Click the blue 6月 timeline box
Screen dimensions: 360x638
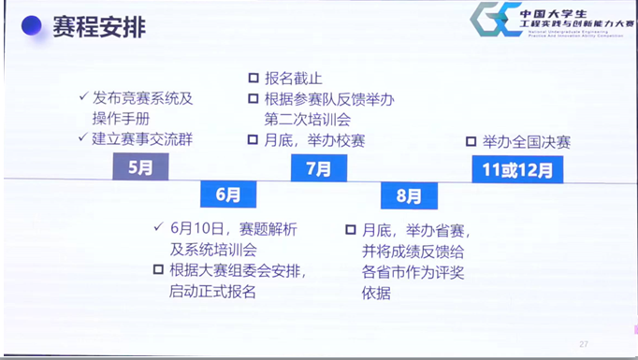(227, 194)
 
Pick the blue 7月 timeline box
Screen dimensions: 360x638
(318, 169)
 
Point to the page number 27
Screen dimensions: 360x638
(584, 343)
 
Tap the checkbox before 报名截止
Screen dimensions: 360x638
(254, 79)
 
